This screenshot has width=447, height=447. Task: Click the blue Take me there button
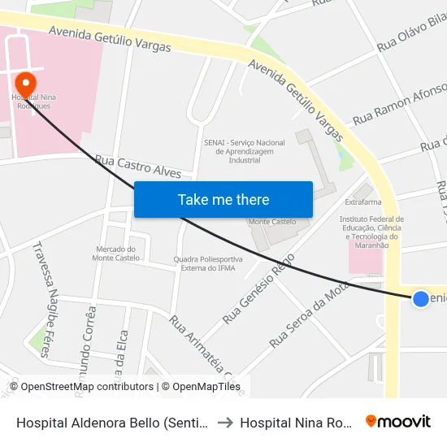223,199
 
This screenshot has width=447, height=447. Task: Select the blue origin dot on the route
420,299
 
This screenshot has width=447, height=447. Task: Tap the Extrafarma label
362,202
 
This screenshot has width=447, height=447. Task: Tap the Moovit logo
398,422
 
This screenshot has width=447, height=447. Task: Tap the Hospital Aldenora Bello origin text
113,423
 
